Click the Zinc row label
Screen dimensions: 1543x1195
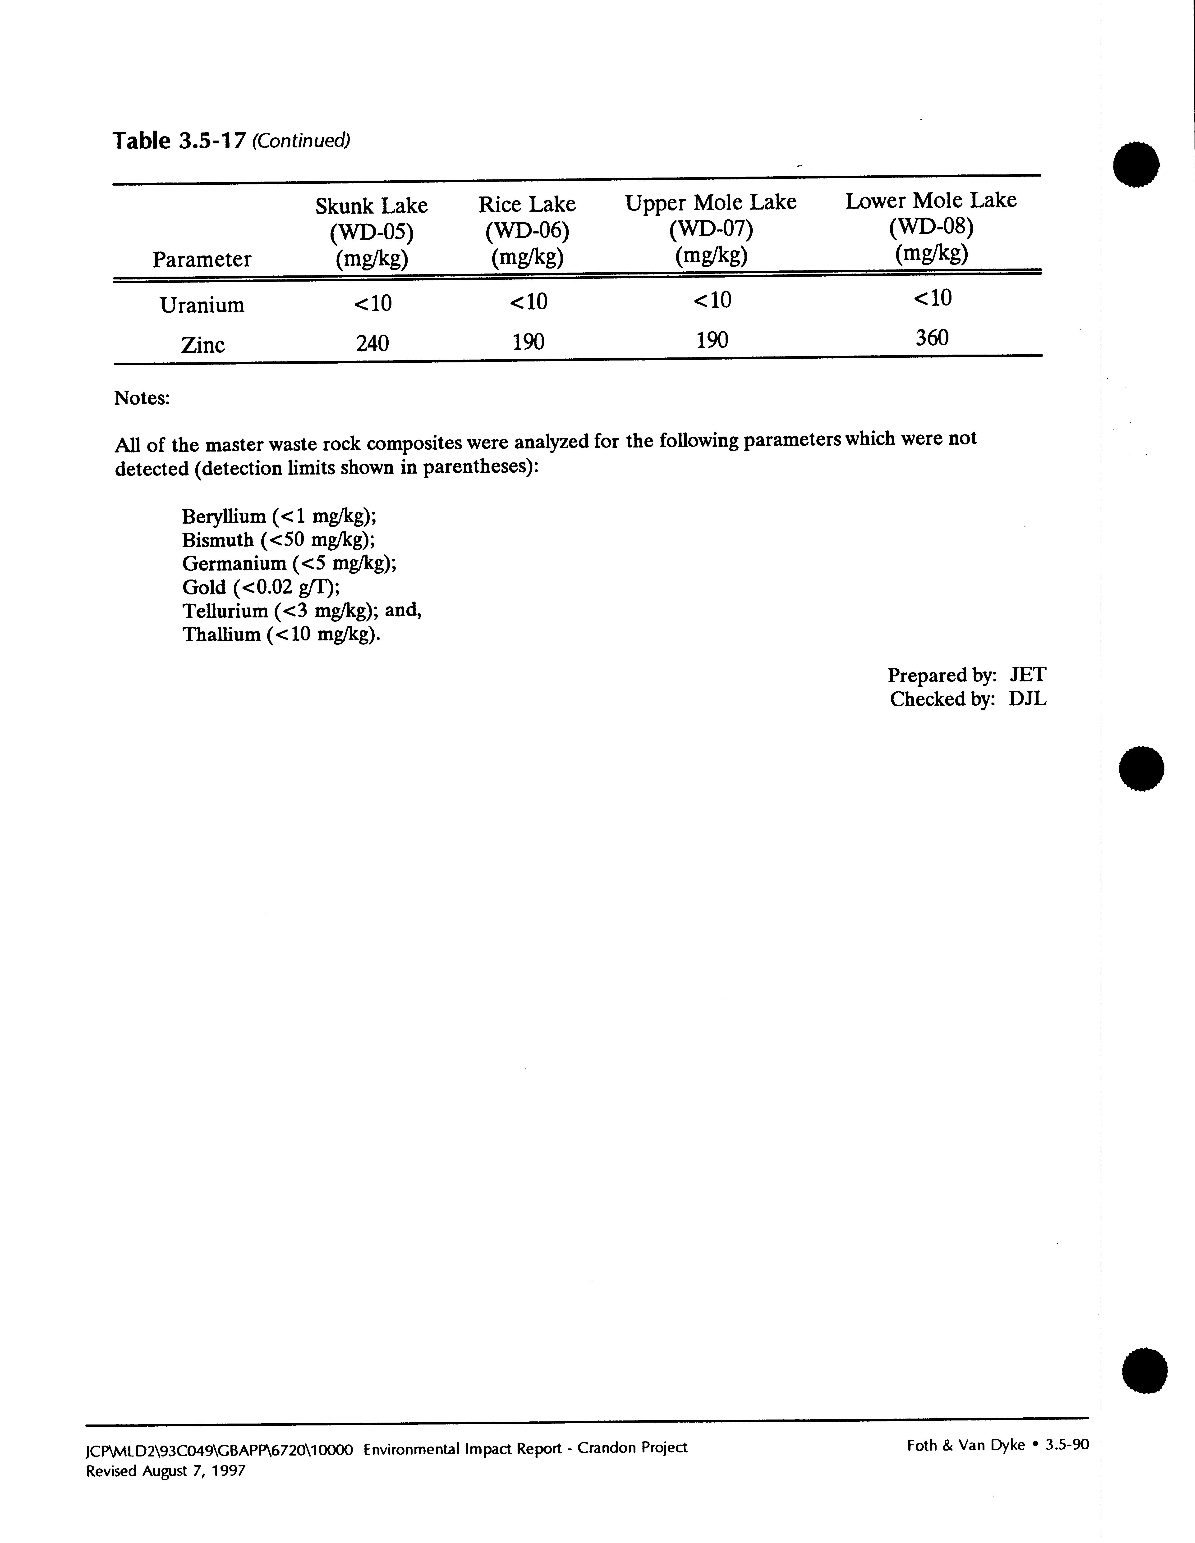pyautogui.click(x=203, y=345)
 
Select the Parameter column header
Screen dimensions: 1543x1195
pyautogui.click(x=201, y=259)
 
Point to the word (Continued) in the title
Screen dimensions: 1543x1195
pyautogui.click(x=301, y=141)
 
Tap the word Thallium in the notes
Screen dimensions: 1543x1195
pyautogui.click(x=221, y=635)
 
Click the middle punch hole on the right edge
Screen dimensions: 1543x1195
pyautogui.click(x=1141, y=767)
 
